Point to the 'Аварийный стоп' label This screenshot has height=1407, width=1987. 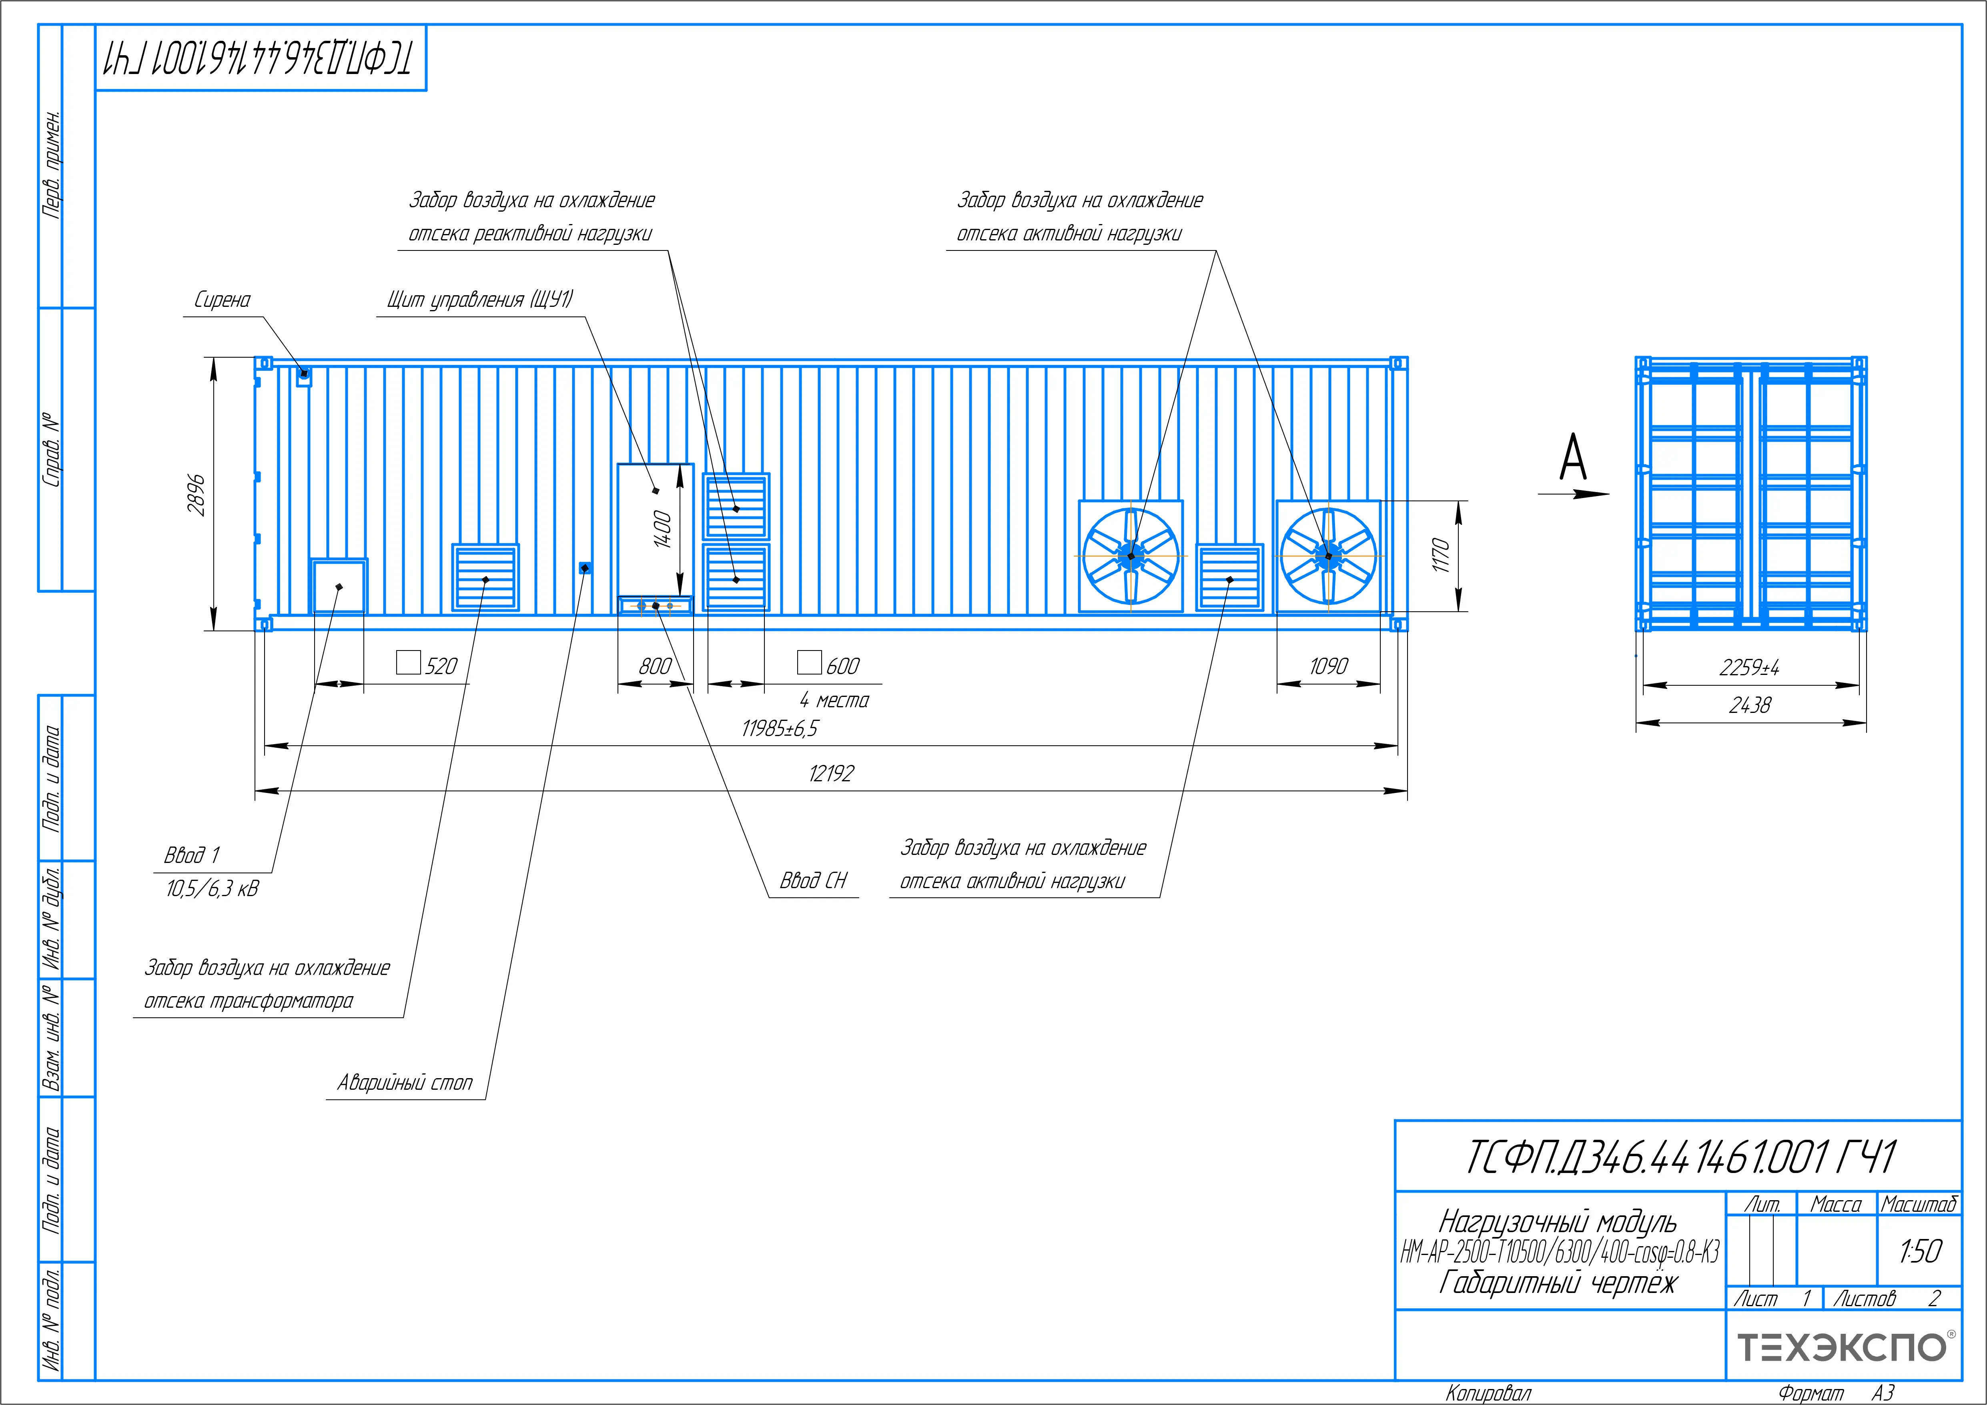click(405, 1083)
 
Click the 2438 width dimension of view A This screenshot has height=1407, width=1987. click(1750, 706)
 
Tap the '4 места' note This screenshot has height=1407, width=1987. click(834, 700)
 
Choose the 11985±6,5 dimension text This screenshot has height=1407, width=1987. click(779, 729)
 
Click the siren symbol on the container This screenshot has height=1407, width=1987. click(303, 376)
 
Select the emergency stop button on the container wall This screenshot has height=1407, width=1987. click(585, 568)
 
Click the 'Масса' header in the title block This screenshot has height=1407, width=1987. click(1835, 1204)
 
